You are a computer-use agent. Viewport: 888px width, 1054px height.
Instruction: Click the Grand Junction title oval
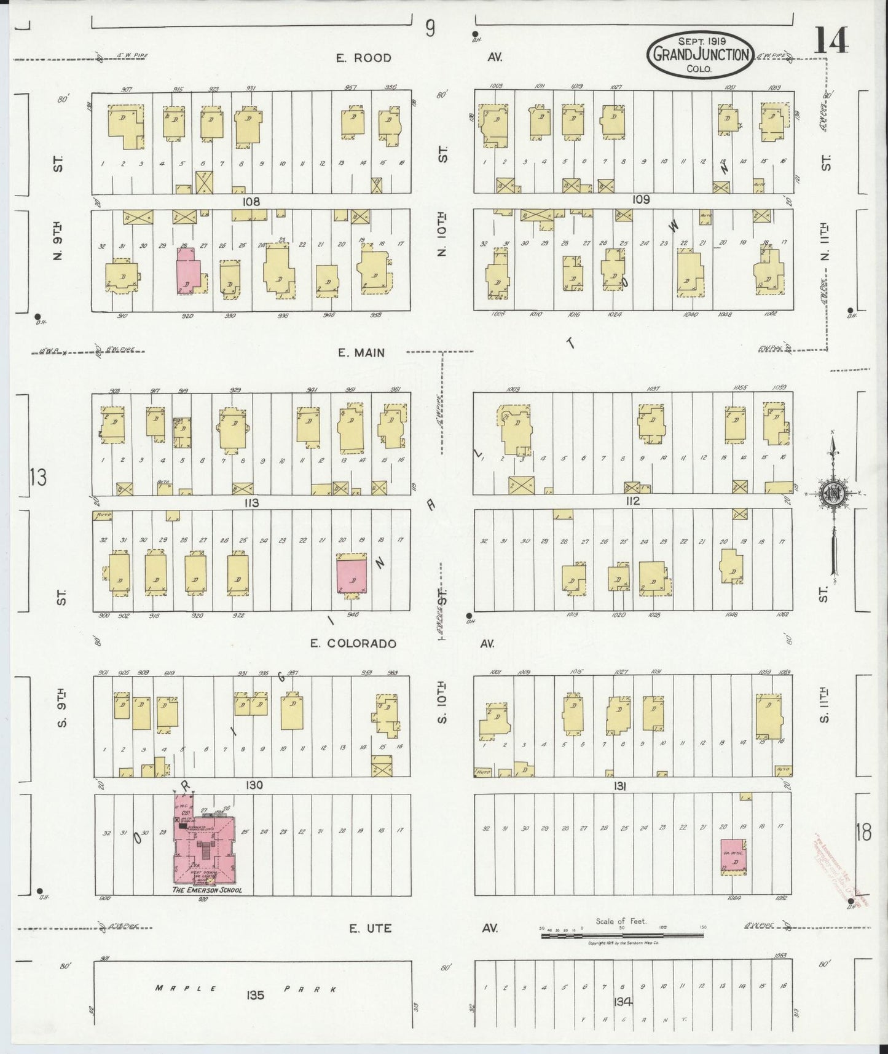[699, 55]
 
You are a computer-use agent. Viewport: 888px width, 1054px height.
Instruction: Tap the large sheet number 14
[831, 41]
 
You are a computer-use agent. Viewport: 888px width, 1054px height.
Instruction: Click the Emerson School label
[206, 890]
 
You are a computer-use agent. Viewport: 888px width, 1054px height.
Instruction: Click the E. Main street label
[361, 352]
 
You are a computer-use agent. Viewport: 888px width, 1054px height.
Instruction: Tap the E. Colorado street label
[353, 644]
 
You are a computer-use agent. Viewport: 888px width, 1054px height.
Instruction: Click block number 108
[251, 201]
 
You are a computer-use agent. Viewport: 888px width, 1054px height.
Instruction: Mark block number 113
[251, 503]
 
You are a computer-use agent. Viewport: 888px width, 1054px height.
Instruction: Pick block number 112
[632, 501]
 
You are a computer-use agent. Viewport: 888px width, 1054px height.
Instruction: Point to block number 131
[619, 786]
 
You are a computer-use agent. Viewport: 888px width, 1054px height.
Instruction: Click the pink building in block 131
[733, 856]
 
